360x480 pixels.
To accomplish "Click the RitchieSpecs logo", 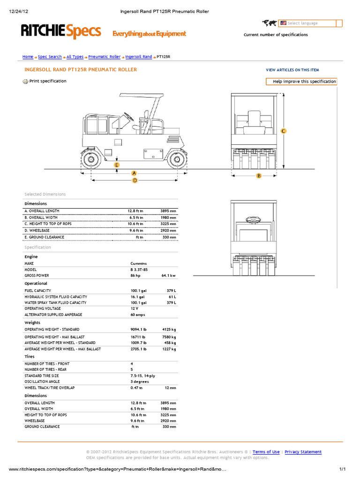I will pyautogui.click(x=61, y=32).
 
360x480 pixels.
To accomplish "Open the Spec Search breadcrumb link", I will pyautogui.click(x=50, y=57).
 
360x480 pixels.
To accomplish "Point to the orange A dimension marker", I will pyautogui.click(x=134, y=173).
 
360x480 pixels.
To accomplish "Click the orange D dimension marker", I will pyautogui.click(x=135, y=180).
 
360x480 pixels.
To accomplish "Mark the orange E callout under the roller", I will pyautogui.click(x=117, y=165).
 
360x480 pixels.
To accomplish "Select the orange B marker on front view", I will pyautogui.click(x=258, y=176).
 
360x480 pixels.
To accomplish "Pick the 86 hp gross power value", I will pyautogui.click(x=136, y=276).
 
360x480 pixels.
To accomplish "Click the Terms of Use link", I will pyautogui.click(x=266, y=452).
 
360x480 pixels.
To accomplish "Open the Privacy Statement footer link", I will pyautogui.click(x=303, y=452).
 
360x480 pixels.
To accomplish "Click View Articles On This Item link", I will pyautogui.click(x=293, y=70).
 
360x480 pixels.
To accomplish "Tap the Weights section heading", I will pyautogui.click(x=32, y=322).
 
